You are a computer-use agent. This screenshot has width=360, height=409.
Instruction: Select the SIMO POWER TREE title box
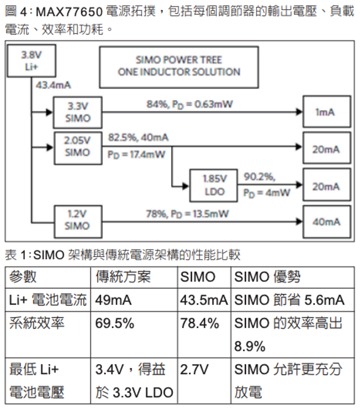[179, 67]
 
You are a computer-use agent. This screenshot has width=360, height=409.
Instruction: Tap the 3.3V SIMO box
[77, 112]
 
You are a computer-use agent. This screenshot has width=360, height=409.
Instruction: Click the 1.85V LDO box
[214, 185]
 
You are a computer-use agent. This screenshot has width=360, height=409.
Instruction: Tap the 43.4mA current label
[53, 86]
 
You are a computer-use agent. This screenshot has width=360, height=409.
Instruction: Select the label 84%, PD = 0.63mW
[189, 104]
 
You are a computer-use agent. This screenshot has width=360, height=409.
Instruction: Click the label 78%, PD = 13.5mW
[187, 214]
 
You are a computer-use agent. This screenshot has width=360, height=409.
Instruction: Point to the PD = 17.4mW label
[136, 154]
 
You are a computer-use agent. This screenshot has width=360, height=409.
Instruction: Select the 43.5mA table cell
[204, 300]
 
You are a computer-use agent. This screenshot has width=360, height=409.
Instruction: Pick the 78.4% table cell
[200, 323]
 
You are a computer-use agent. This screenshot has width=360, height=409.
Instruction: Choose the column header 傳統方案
[123, 277]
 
